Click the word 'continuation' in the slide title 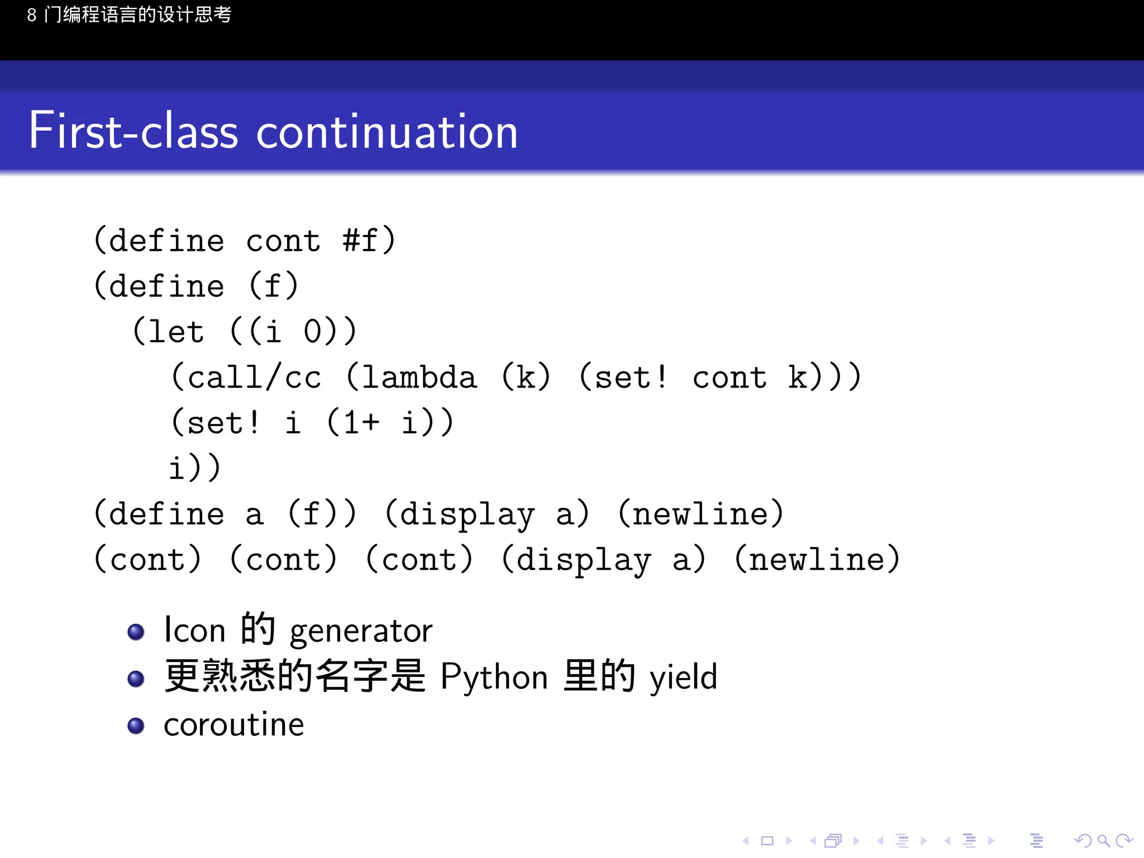(387, 132)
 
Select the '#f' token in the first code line (360, 241)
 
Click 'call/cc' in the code (254, 377)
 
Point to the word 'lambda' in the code (420, 377)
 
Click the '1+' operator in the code (361, 422)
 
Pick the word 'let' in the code (176, 332)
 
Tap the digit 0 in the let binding (312, 332)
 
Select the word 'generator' (361, 631)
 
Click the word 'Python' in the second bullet (494, 677)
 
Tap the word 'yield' (683, 677)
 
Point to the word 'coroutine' (233, 724)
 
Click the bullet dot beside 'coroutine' (136, 726)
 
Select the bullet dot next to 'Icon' (136, 632)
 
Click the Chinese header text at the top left (129, 15)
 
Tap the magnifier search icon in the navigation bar (1103, 840)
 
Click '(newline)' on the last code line (817, 559)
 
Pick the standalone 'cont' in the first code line (283, 241)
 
